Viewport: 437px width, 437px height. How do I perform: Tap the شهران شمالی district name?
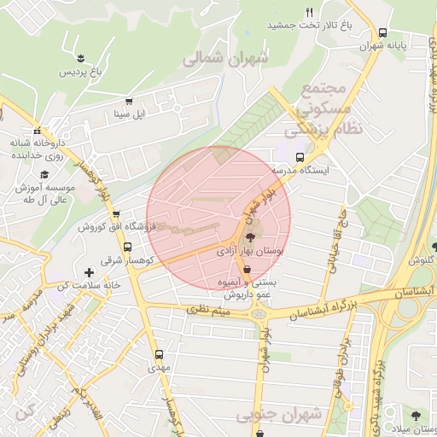coord(225,60)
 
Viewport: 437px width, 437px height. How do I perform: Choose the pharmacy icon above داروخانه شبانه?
coord(37,131)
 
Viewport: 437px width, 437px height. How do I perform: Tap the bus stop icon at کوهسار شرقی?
coord(115,248)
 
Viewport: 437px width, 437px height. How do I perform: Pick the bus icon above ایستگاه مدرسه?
coord(300,157)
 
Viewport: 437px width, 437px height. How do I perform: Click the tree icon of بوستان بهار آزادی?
coord(248,237)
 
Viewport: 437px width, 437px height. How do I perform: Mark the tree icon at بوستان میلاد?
coord(414,416)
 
